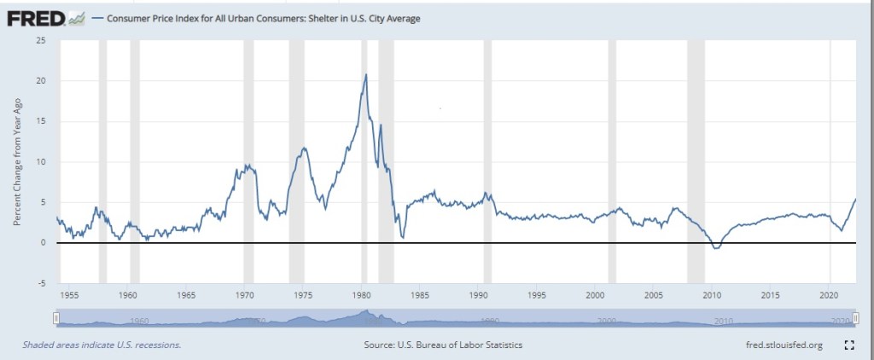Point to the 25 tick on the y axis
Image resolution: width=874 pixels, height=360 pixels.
41,40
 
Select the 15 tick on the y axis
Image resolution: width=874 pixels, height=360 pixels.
41,121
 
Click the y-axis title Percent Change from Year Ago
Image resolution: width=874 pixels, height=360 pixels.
17,162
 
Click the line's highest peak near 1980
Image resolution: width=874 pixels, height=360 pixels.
366,74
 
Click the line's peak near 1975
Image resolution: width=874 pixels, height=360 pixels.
303,148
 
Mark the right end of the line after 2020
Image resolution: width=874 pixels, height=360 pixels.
855,199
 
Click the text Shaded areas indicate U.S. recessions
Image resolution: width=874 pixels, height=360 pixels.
102,345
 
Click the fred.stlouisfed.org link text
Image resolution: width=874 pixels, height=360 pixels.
783,345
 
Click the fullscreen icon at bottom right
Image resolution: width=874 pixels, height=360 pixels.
849,345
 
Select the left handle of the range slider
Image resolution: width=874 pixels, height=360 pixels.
55,318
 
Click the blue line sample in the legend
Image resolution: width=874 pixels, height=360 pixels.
96,17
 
